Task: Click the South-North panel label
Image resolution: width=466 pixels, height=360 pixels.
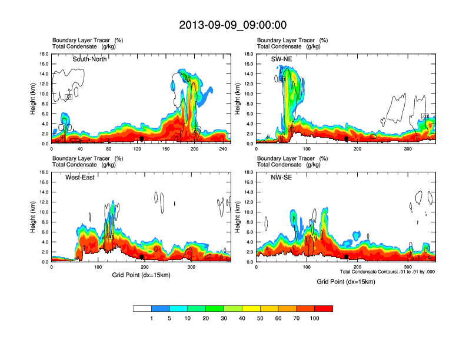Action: click(x=89, y=59)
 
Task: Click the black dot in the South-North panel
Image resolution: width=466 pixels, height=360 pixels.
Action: click(x=141, y=139)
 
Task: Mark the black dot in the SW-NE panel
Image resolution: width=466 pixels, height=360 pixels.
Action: click(x=347, y=139)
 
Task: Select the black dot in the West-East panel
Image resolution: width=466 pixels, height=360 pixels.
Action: click(x=142, y=257)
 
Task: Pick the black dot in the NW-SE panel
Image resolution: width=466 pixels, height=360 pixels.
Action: click(x=347, y=257)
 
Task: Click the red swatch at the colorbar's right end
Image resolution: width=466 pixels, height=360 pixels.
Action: click(x=324, y=308)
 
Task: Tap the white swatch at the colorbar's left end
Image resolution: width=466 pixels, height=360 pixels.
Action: click(x=142, y=308)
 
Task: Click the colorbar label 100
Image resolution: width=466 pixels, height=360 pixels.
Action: click(x=314, y=318)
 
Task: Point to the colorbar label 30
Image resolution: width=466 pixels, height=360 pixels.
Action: click(x=224, y=318)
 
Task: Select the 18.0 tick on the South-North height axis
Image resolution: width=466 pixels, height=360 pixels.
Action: click(x=43, y=54)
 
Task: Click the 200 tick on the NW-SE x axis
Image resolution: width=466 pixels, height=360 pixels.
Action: click(x=357, y=268)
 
